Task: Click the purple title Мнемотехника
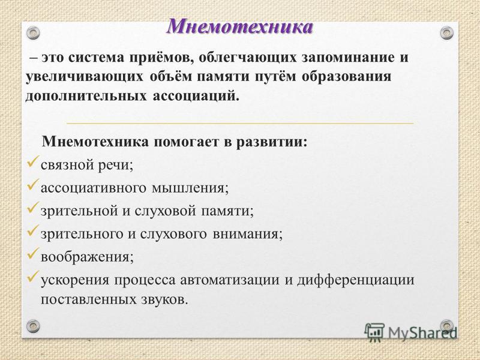point(240,26)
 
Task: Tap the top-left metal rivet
point(33,33)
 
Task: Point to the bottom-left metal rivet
point(33,326)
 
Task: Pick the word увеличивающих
point(85,77)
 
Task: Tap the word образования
point(347,77)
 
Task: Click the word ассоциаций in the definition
point(194,96)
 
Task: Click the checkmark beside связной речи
point(33,161)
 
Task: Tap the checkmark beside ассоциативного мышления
point(33,184)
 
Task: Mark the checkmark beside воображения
point(33,253)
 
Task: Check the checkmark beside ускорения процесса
point(33,276)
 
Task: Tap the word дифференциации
point(355,280)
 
